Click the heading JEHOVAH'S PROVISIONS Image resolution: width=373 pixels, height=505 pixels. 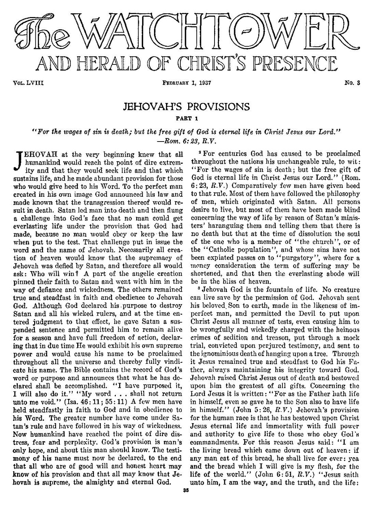pyautogui.click(x=186, y=107)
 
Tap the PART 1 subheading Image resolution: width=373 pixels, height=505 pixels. pyautogui.click(x=186, y=119)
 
